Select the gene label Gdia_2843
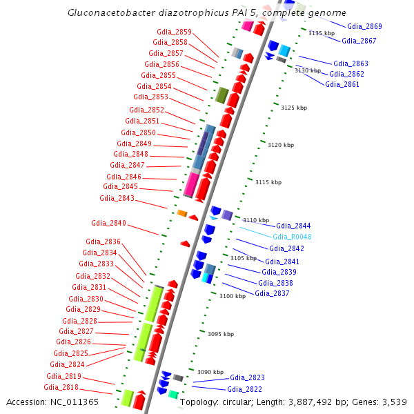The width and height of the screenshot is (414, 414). coord(117,198)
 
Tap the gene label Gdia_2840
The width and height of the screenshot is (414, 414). coord(108,223)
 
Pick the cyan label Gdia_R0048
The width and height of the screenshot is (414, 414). coord(292,237)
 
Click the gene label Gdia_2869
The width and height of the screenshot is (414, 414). coord(364,26)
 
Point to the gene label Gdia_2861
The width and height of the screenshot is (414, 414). coord(342,84)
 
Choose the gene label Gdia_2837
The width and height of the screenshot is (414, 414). coord(272,293)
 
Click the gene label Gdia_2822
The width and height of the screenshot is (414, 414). coord(246,389)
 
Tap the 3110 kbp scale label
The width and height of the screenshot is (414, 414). coord(255,219)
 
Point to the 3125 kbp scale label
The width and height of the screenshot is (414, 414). coord(293,108)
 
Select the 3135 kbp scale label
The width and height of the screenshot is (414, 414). coord(321,33)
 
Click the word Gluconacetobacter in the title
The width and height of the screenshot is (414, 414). coord(107,13)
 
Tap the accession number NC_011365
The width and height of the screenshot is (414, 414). coord(76,402)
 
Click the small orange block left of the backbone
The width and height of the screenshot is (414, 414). coord(182,213)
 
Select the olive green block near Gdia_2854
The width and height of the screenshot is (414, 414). coord(221,95)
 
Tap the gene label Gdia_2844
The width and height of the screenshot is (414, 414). coord(293,226)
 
